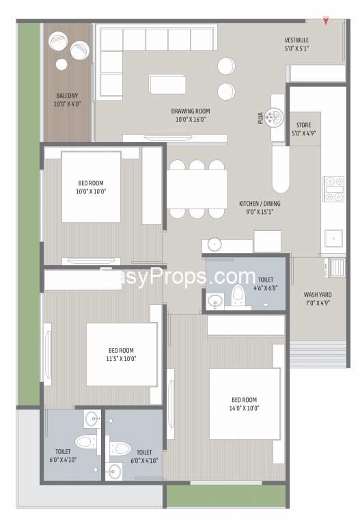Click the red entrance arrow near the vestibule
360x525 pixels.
[x=325, y=21]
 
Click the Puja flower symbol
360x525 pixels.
[x=274, y=117]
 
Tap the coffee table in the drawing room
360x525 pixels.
[x=167, y=84]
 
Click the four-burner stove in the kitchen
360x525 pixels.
[x=333, y=189]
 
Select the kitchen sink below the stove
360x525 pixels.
[x=333, y=238]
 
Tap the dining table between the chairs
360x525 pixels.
[x=197, y=189]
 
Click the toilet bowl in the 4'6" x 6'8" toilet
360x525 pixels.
[x=238, y=295]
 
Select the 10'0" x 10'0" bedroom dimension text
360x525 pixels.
[x=91, y=191]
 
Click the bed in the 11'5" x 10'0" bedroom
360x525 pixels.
[x=122, y=354]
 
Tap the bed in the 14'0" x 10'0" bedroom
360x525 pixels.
[x=245, y=404]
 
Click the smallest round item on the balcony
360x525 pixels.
[x=61, y=64]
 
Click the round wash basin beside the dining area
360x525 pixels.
[x=214, y=245]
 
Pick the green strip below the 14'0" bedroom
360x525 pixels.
[x=226, y=496]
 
